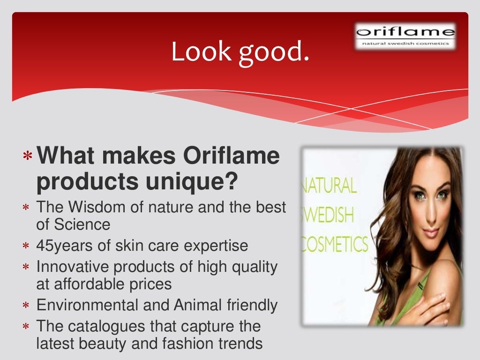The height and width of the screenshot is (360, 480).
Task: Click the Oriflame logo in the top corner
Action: point(405,36)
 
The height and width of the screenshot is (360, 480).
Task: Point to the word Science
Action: point(82,225)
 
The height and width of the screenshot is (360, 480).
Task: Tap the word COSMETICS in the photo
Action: point(334,245)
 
